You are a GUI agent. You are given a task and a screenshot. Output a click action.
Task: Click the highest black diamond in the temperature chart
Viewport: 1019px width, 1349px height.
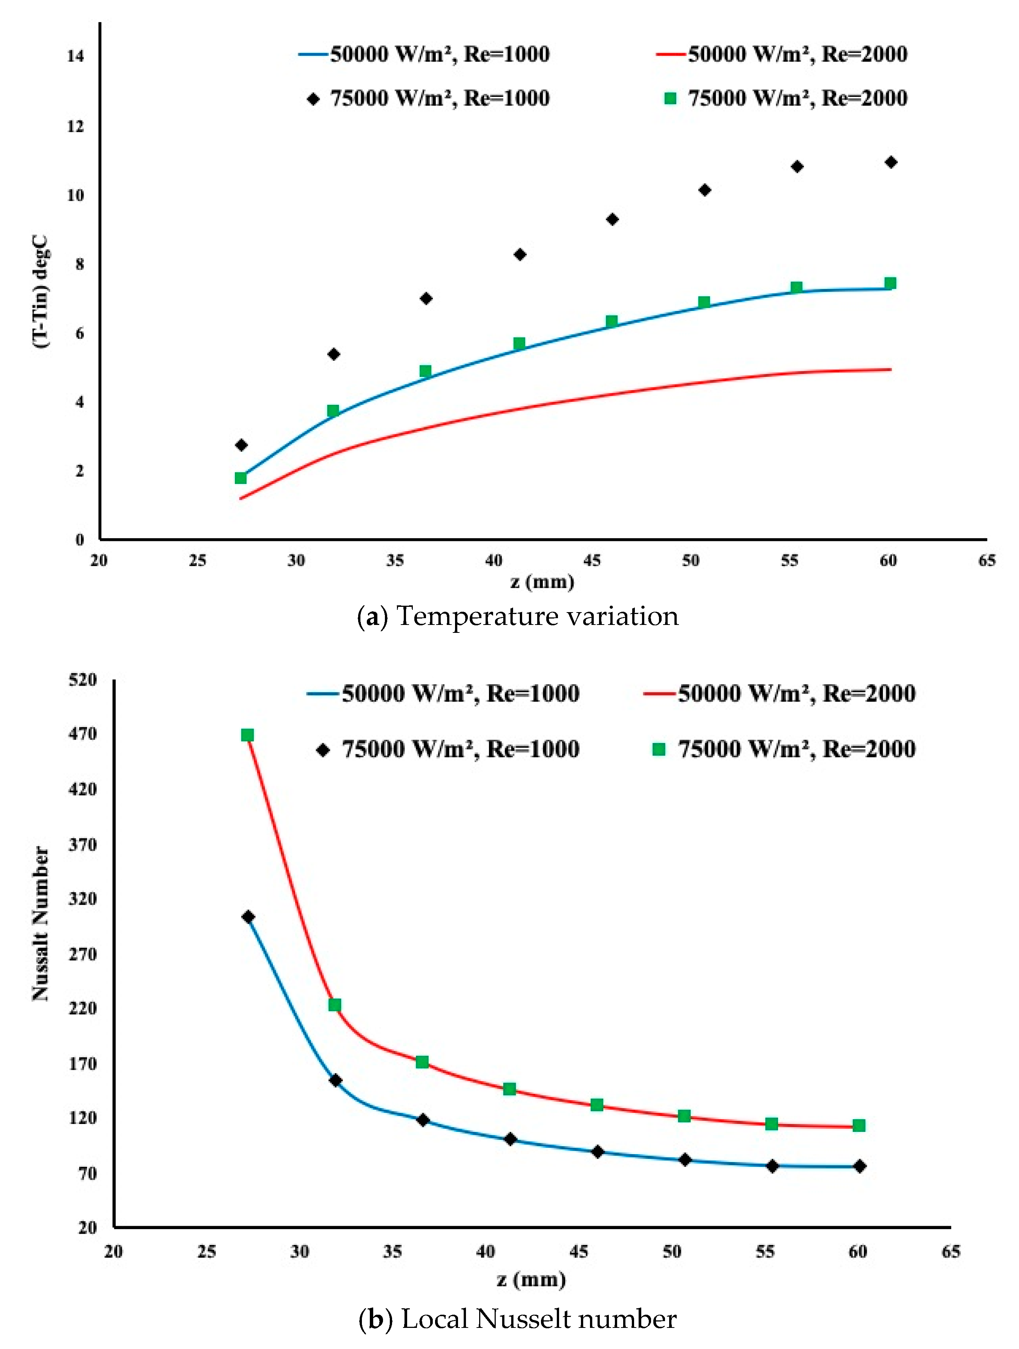click(x=890, y=162)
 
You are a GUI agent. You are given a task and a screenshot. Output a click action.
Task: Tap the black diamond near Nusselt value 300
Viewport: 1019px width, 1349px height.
click(x=248, y=917)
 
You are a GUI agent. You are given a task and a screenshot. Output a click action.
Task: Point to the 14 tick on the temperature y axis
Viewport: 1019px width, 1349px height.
click(x=76, y=56)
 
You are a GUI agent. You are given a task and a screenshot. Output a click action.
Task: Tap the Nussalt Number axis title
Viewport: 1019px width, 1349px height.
click(x=40, y=923)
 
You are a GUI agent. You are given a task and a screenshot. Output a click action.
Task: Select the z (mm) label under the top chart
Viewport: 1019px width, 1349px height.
click(x=542, y=582)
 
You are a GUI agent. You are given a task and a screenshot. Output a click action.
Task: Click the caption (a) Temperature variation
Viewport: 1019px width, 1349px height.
click(x=517, y=616)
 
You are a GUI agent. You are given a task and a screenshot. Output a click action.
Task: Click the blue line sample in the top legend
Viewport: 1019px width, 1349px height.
click(x=313, y=54)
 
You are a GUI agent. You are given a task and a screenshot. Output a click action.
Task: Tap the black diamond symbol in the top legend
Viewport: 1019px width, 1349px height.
click(x=313, y=99)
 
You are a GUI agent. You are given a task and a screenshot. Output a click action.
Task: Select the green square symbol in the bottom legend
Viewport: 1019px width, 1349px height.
click(x=659, y=749)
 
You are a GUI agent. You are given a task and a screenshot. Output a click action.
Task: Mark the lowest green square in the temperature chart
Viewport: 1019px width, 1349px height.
click(x=241, y=478)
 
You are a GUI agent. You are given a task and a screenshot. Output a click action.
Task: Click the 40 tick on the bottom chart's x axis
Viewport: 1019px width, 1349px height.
click(x=486, y=1251)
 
